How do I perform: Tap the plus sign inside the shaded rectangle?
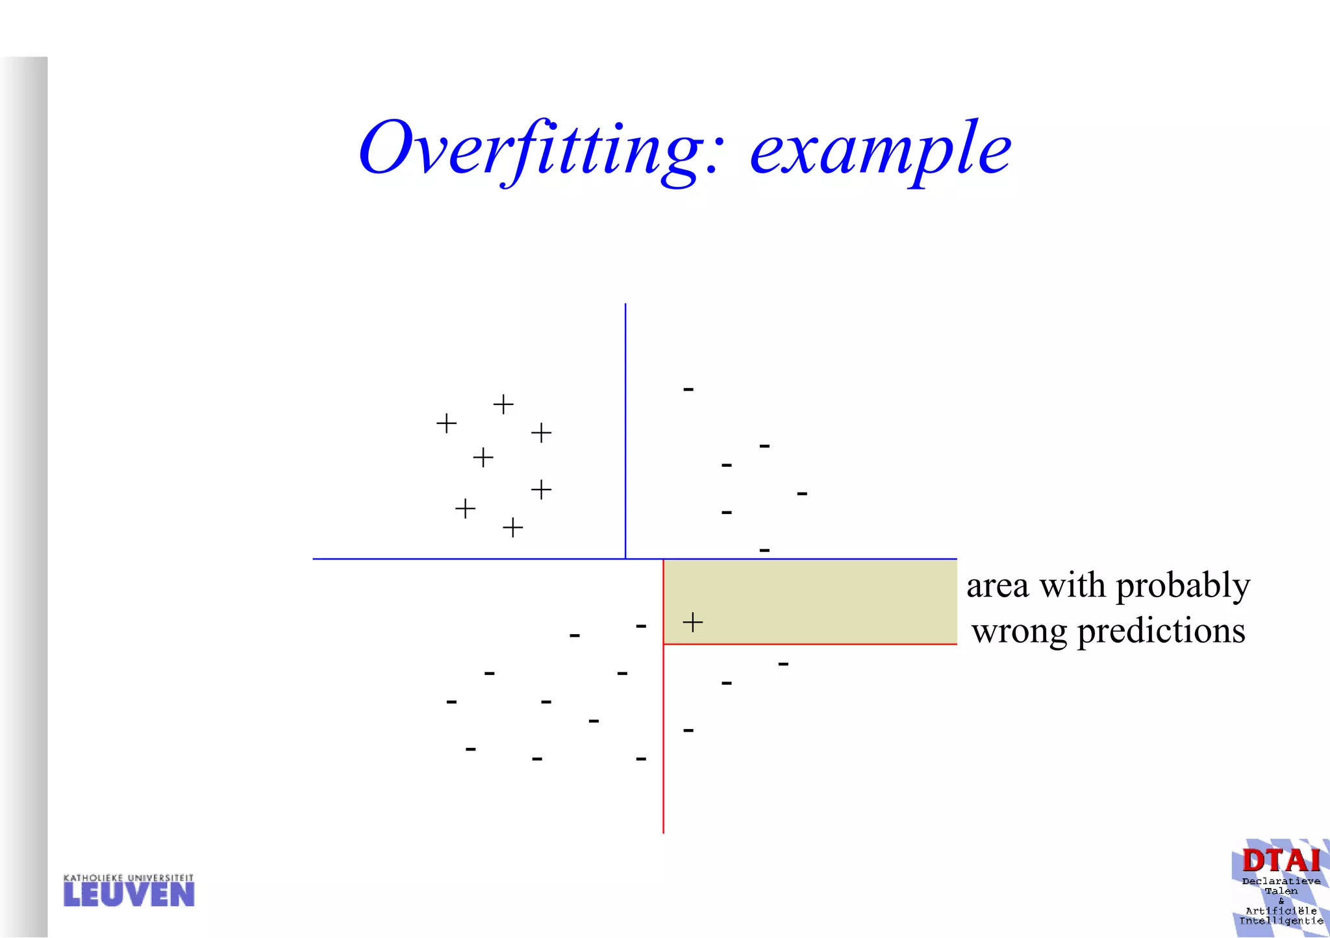[693, 622]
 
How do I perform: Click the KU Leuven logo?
[129, 891]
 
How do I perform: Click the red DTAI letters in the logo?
[1281, 861]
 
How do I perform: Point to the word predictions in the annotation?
[1161, 631]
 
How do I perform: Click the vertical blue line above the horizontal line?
[625, 428]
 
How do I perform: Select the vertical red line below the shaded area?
[663, 740]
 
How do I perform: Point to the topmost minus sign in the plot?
[688, 389]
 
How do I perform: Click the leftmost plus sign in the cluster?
[446, 424]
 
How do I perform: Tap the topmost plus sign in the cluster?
[503, 404]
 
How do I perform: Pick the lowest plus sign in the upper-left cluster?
[512, 527]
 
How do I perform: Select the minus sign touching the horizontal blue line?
[764, 550]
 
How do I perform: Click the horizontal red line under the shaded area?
[810, 644]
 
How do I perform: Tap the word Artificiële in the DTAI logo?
[1281, 911]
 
